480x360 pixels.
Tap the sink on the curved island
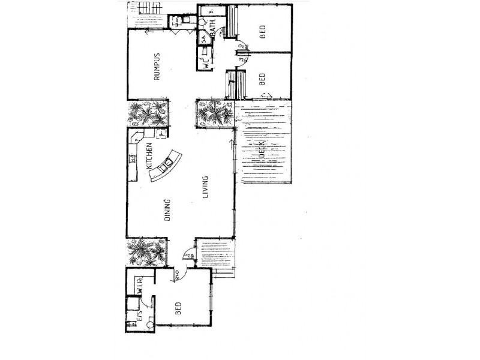(x=169, y=161)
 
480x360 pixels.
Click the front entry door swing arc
(x=189, y=254)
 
